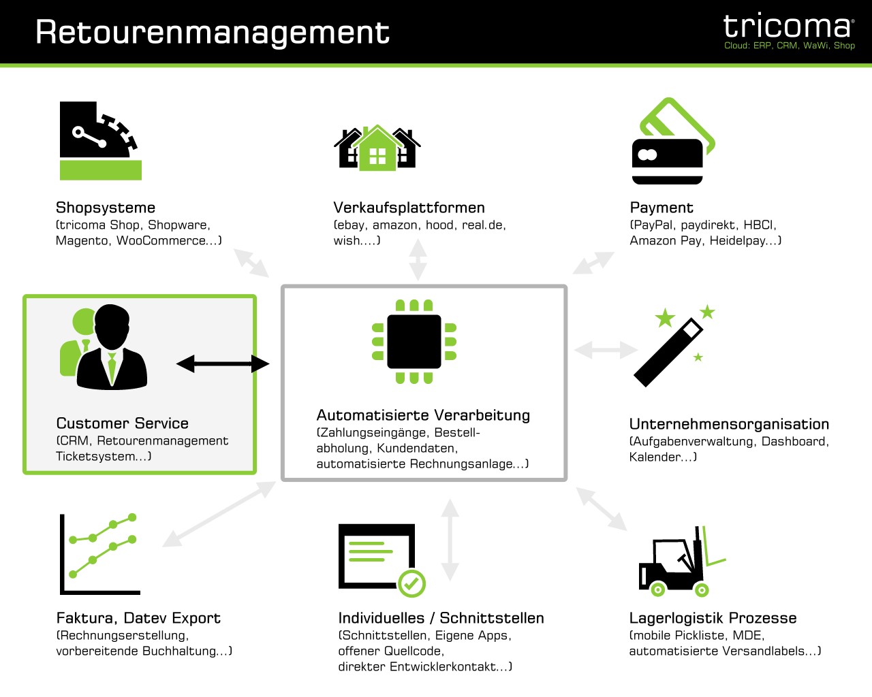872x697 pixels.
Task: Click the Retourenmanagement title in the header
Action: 213,33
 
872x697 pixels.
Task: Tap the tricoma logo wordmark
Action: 788,26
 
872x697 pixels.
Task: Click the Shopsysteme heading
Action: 106,208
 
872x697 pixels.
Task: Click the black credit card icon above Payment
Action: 668,161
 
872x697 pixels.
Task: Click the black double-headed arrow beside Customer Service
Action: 223,363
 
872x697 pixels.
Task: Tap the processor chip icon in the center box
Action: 414,342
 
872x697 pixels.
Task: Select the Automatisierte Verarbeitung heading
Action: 423,415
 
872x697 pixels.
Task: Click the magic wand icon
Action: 674,346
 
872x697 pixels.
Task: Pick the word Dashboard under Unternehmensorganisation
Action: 794,441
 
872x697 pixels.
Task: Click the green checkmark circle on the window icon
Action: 411,583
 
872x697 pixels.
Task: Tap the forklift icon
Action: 683,562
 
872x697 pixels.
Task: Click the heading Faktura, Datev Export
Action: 138,618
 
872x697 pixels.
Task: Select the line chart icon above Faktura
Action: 99,553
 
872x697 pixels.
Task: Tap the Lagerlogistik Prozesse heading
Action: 713,618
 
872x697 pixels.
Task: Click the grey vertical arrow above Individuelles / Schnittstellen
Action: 450,540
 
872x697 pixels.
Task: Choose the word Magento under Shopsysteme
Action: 82,240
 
